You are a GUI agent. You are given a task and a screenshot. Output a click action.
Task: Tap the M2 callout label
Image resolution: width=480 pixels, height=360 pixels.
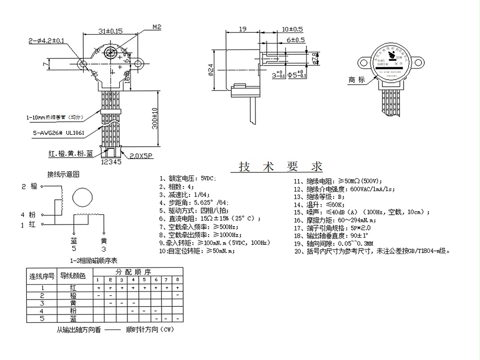click(157, 26)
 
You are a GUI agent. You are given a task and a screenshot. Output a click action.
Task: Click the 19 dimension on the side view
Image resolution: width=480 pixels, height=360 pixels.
click(242, 30)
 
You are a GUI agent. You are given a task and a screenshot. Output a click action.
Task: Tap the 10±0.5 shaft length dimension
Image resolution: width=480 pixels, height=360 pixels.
click(292, 29)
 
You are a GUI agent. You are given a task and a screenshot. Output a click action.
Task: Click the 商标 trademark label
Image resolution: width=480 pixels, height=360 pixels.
click(357, 80)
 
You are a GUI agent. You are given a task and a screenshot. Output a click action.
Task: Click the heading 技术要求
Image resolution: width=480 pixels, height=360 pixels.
click(281, 167)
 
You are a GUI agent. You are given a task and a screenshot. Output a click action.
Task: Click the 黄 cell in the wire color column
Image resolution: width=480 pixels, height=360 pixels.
click(73, 303)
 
